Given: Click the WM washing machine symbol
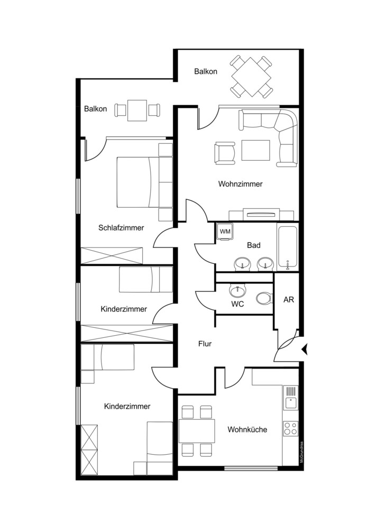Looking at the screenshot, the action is [225, 231].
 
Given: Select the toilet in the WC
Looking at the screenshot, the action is [264, 298].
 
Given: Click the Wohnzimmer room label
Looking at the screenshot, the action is [240, 184].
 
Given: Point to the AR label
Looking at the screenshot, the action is [289, 300].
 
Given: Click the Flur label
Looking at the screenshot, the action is [205, 344].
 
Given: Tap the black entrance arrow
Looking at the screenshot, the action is [304, 350].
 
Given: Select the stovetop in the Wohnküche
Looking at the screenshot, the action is [291, 428].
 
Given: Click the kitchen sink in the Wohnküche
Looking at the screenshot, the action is [291, 398].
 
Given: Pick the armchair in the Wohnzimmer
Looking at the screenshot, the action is [225, 153].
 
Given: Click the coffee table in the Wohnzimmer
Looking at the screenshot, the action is [256, 150].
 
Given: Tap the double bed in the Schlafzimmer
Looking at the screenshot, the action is [138, 182].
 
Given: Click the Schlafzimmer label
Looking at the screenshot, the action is [121, 228].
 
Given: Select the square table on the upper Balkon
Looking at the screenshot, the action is [251, 77].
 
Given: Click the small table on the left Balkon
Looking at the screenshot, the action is [137, 111].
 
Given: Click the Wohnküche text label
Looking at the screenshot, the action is [247, 429].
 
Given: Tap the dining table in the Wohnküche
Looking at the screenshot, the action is [197, 430].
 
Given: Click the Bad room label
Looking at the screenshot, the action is [254, 245].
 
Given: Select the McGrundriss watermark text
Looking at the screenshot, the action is [301, 452].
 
